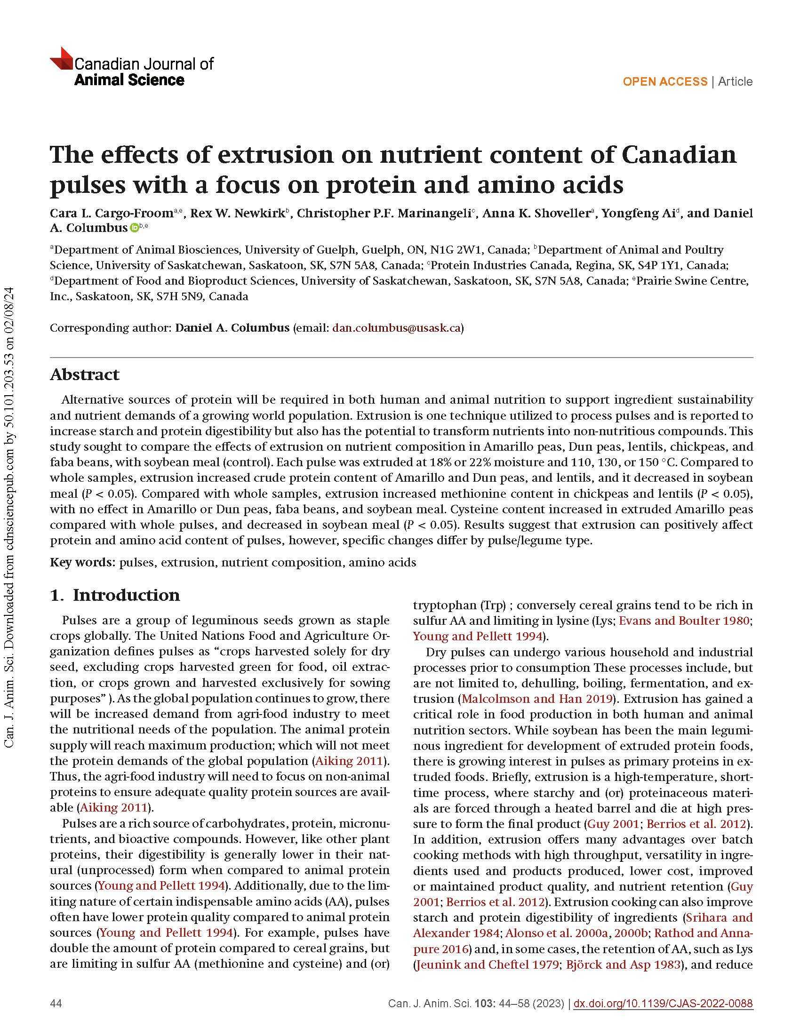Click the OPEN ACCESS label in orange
[664, 81]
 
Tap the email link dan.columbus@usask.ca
[397, 328]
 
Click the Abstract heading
[84, 374]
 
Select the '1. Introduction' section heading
[115, 595]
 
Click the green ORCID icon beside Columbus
[134, 228]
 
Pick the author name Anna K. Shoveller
[538, 213]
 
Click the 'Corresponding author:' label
[111, 328]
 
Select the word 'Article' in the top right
[735, 81]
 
